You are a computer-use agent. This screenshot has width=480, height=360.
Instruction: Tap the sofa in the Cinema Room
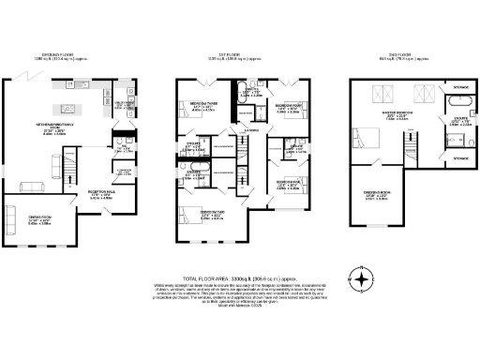point(10,219)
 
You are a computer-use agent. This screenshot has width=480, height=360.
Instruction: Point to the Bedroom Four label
point(286,108)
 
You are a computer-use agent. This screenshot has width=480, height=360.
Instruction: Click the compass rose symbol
point(359,278)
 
